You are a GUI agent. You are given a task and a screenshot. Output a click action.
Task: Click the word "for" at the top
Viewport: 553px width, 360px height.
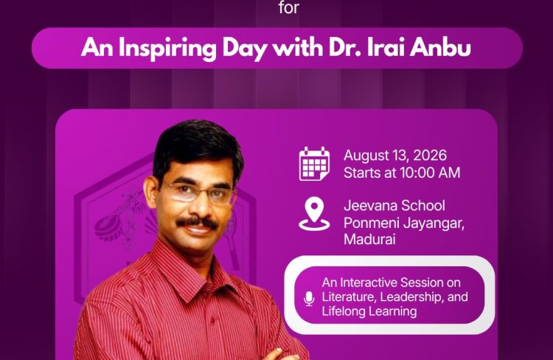tap(288, 7)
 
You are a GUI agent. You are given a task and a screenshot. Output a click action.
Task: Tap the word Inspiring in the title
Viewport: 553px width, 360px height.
tap(167, 49)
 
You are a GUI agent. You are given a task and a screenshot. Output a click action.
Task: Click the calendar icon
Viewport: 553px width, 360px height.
tap(314, 164)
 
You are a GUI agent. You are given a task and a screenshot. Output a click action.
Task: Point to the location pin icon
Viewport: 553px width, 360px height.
tap(314, 214)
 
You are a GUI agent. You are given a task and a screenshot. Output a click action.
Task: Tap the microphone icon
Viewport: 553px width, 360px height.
tap(309, 299)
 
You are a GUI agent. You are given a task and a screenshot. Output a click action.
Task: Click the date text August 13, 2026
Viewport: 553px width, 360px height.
tap(395, 156)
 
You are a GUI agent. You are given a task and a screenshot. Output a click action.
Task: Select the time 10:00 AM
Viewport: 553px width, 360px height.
tap(430, 173)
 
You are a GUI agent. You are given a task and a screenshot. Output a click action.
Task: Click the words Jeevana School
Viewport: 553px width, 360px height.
tap(394, 206)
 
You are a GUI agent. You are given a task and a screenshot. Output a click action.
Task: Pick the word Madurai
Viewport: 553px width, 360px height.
tap(369, 239)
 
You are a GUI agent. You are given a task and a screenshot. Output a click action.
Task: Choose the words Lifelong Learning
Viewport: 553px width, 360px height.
tap(369, 311)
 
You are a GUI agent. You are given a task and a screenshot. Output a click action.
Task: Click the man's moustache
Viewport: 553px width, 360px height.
tap(197, 222)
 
